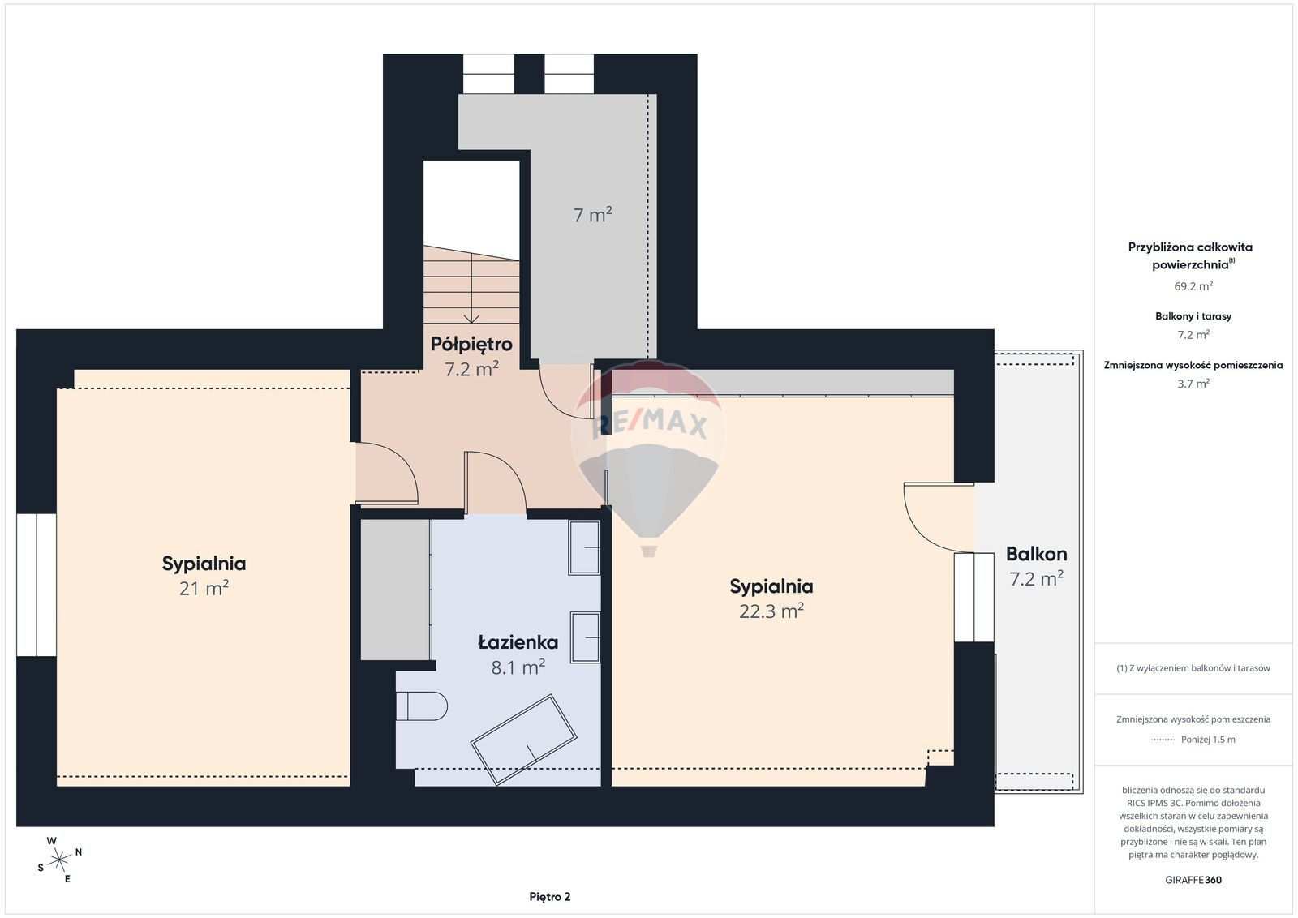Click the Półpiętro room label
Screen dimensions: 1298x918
471,344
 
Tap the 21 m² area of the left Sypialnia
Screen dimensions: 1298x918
204,589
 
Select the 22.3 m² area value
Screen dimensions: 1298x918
771,611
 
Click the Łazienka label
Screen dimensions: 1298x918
518,642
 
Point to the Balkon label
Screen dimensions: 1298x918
1036,554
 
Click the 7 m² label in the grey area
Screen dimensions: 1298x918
592,215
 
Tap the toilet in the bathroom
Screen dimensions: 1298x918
422,706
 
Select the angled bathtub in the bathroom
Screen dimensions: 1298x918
523,740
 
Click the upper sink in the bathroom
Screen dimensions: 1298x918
584,547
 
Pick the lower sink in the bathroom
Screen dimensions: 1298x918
585,637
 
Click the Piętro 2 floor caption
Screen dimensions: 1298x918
549,897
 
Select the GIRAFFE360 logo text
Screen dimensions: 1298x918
1193,880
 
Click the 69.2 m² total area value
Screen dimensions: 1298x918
1193,286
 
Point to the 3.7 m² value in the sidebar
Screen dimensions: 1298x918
1193,384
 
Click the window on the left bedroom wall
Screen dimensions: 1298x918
37,585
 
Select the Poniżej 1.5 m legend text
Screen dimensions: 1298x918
1208,740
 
